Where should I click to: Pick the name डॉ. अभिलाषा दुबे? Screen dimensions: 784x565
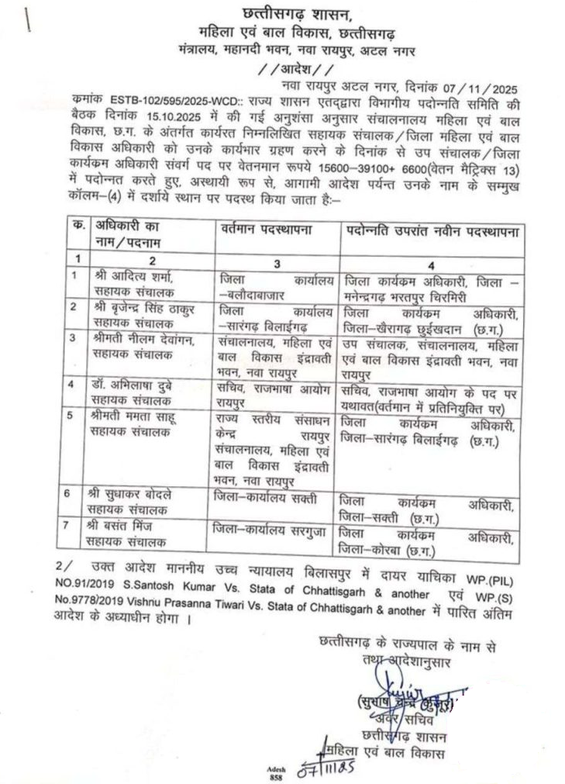[x=134, y=383]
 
